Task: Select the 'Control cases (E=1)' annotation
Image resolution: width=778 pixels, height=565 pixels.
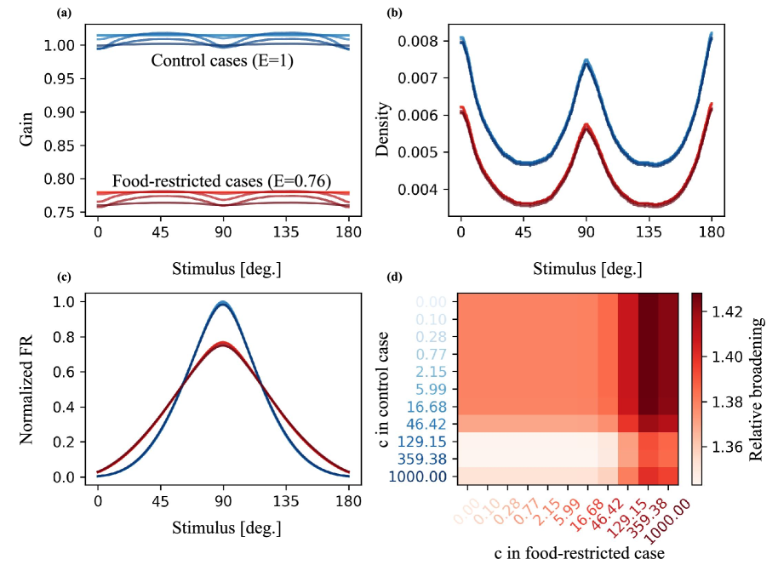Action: click(222, 61)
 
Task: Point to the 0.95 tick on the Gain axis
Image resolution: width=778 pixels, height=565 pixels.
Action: click(66, 79)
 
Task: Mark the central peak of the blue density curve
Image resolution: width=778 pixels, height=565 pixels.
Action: click(586, 61)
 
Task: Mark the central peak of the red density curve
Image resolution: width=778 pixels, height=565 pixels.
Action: click(586, 126)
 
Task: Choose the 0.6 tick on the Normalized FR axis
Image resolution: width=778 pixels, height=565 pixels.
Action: click(72, 372)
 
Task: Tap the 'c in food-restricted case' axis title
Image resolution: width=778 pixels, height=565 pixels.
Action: click(579, 551)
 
